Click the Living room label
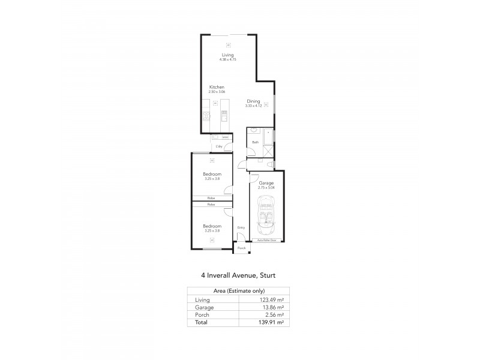(x=227, y=55)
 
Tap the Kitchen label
(x=217, y=87)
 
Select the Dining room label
(x=253, y=101)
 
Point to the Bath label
(x=256, y=142)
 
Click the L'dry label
(x=219, y=146)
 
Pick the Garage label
(x=266, y=183)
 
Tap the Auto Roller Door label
(x=266, y=239)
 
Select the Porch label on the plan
(x=242, y=248)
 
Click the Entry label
(x=241, y=227)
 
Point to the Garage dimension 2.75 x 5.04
(x=266, y=187)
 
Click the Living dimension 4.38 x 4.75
(x=227, y=60)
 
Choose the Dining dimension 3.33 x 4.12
(x=253, y=106)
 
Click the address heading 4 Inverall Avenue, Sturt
(x=238, y=276)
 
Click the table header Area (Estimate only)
(x=236, y=291)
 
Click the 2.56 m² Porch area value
(x=274, y=314)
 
